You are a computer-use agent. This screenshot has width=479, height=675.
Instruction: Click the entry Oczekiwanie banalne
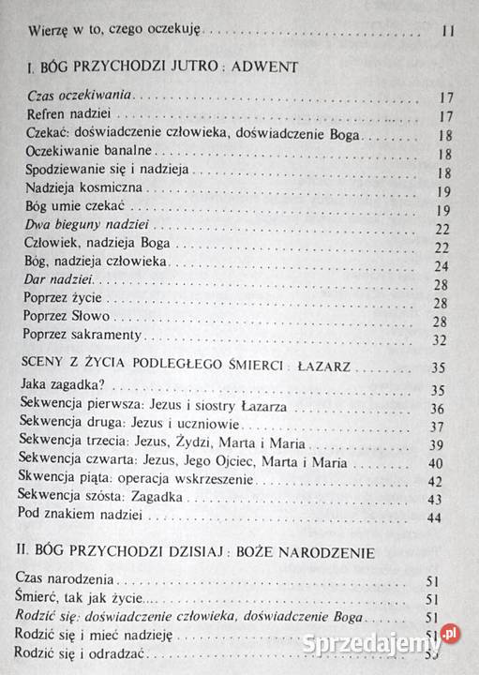click(84, 152)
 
